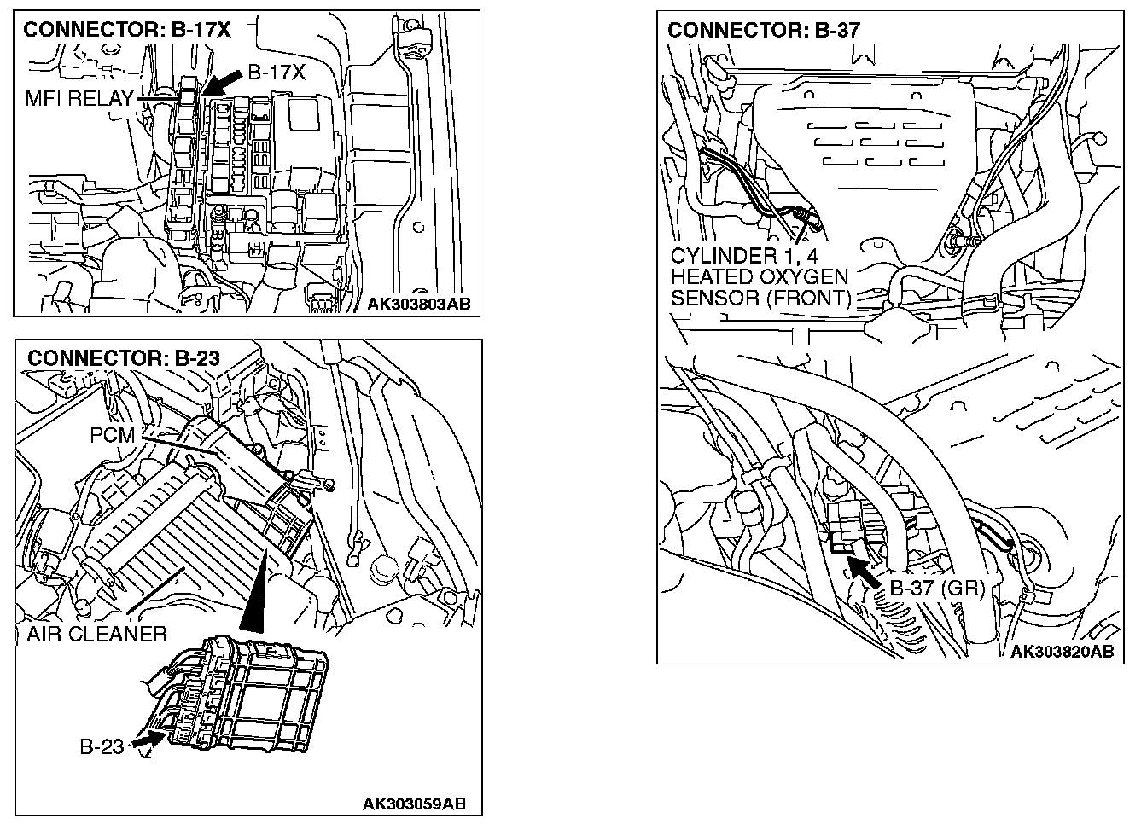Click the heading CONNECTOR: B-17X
pyautogui.click(x=126, y=30)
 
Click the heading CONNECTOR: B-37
pyautogui.click(x=764, y=30)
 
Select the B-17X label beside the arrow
pyautogui.click(x=276, y=73)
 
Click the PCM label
pyautogui.click(x=113, y=436)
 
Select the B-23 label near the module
pyautogui.click(x=102, y=747)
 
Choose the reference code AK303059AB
pyautogui.click(x=414, y=804)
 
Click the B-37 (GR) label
pyautogui.click(x=937, y=589)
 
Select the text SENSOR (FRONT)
pyautogui.click(x=761, y=299)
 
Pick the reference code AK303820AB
pyautogui.click(x=1062, y=652)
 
